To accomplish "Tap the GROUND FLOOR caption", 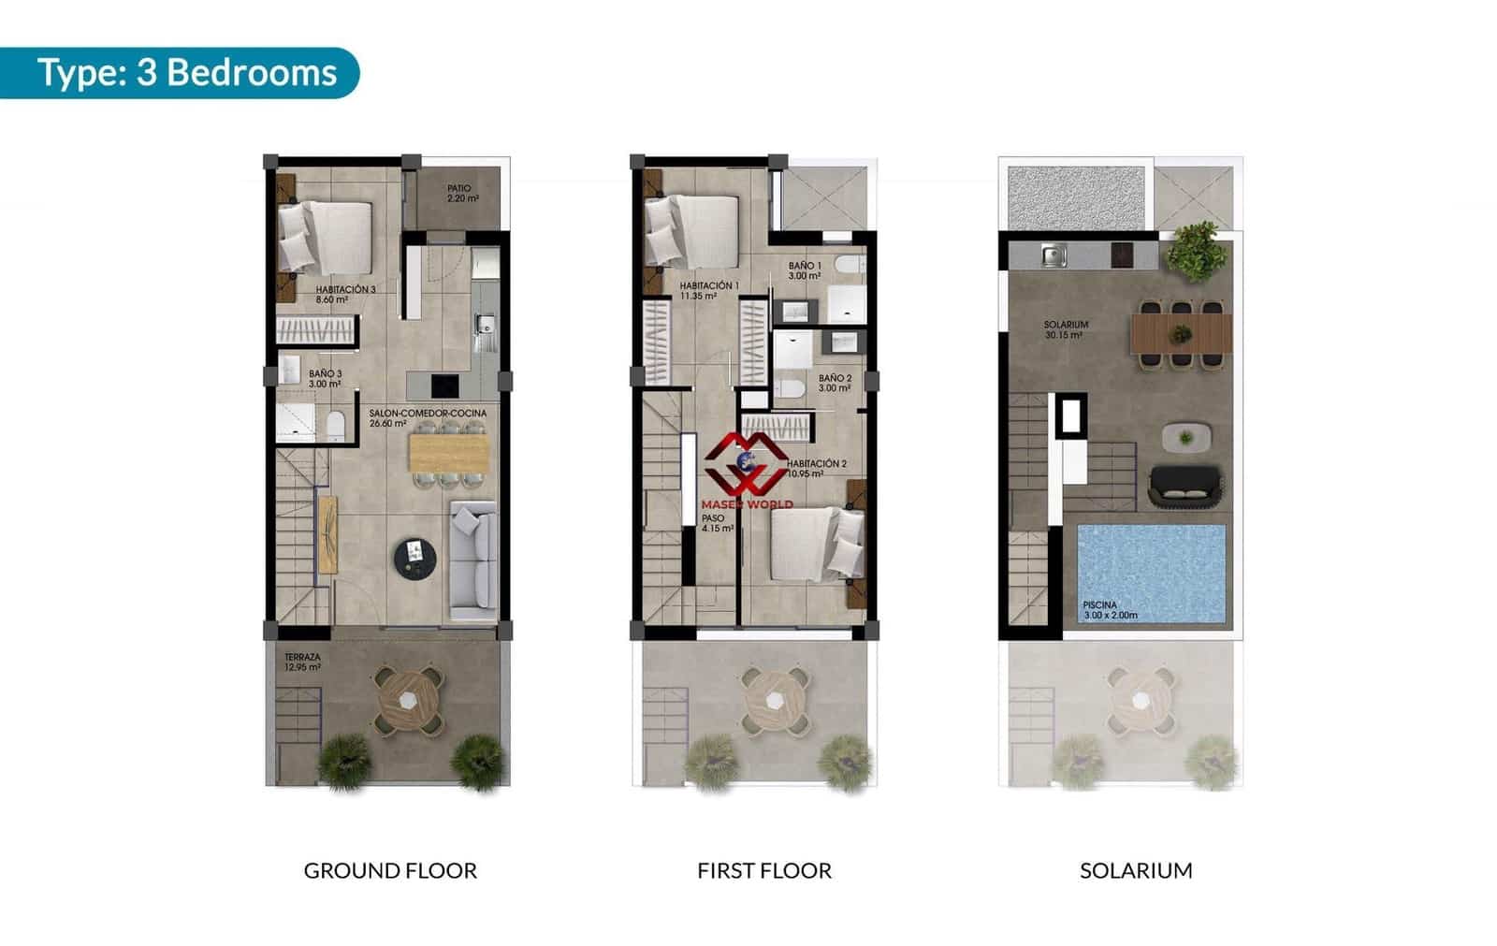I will click(390, 871).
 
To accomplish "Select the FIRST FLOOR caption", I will click(763, 871).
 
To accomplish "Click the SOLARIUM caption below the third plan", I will click(1136, 871).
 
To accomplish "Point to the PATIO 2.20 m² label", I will click(460, 194).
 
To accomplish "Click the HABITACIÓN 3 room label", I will click(344, 295).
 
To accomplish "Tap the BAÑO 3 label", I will click(325, 378).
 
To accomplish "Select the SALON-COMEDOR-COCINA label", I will click(427, 417).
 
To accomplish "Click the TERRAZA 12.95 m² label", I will click(302, 662).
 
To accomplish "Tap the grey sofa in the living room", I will click(473, 558).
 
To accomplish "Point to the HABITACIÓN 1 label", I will click(708, 290).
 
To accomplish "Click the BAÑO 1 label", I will click(804, 270).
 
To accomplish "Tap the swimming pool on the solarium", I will click(1151, 571).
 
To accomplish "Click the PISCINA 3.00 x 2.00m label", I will click(1110, 610).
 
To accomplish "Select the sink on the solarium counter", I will click(1054, 254).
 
